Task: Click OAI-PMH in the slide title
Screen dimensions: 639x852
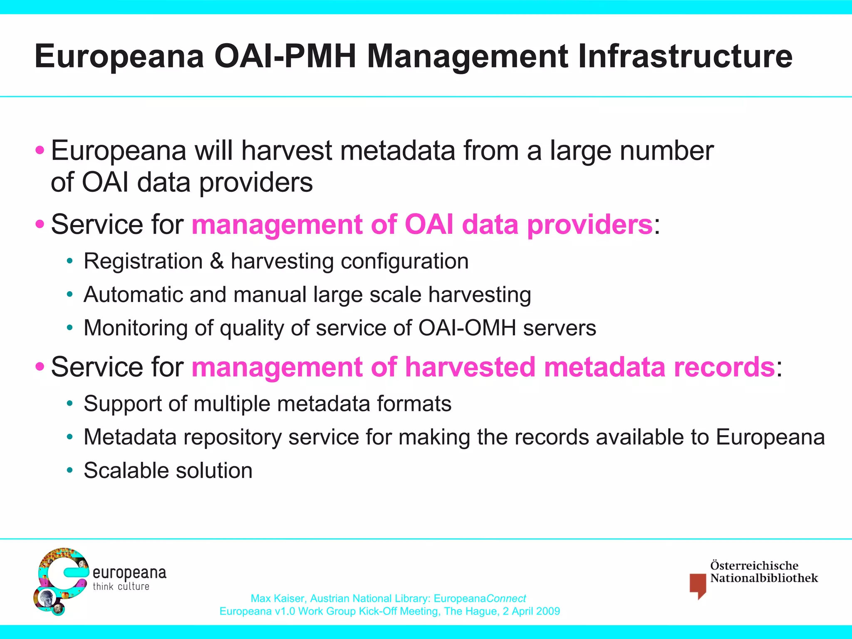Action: pyautogui.click(x=285, y=57)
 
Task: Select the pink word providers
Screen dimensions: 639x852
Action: pyautogui.click(x=589, y=225)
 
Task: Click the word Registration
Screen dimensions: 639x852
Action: pyautogui.click(x=143, y=261)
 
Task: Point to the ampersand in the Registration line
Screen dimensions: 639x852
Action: pyautogui.click(x=217, y=261)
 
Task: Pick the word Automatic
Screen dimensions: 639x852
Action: pyautogui.click(x=133, y=295)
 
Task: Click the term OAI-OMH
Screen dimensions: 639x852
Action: pyautogui.click(x=467, y=328)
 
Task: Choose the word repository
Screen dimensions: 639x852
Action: pyautogui.click(x=232, y=437)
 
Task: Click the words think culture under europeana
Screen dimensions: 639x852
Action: pyautogui.click(x=121, y=587)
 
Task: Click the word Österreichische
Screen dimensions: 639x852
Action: pyautogui.click(x=754, y=566)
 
